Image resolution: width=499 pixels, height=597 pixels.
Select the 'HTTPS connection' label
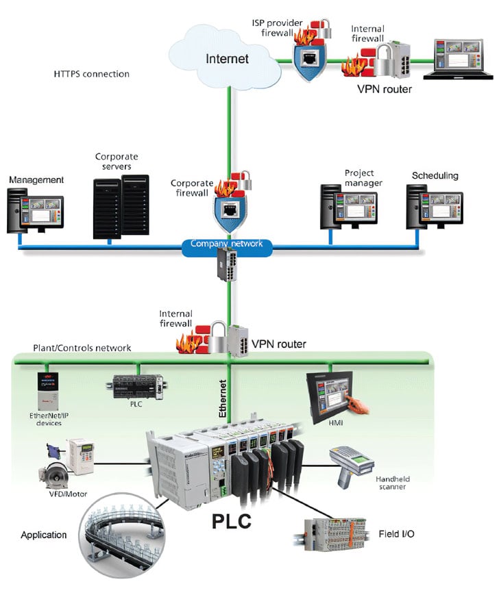click(91, 74)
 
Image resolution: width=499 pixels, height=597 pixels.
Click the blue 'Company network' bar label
click(227, 244)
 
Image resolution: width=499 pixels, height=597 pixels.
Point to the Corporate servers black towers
click(121, 206)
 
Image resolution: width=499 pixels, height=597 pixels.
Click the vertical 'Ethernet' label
click(222, 398)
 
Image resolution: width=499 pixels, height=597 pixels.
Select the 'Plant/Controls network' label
click(82, 348)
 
